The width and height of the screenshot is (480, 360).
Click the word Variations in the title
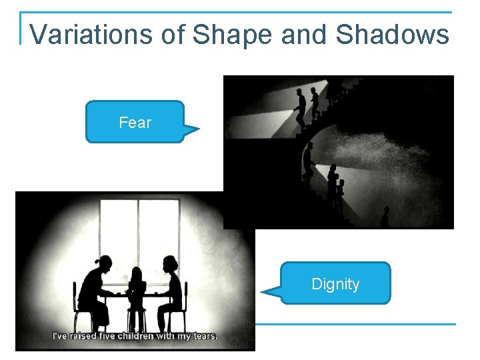[x=91, y=34]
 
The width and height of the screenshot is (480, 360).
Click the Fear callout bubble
[x=135, y=122]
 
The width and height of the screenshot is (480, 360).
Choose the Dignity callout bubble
[x=335, y=284]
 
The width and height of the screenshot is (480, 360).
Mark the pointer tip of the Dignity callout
[x=261, y=292]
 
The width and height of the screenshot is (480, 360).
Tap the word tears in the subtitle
[x=204, y=336]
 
